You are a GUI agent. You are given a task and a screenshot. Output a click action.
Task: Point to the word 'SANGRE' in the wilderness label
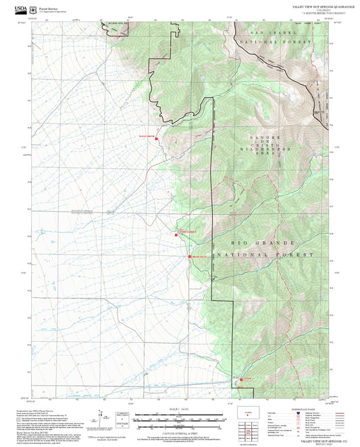tap(255, 138)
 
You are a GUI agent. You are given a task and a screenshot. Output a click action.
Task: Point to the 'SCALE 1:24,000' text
tap(180, 409)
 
